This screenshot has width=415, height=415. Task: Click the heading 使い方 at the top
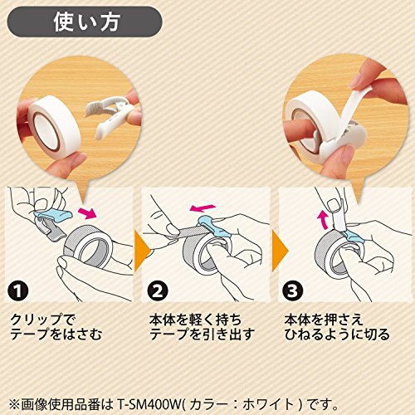[87, 22]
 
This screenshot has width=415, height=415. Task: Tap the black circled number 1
[18, 290]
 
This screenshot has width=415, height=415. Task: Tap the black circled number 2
[158, 290]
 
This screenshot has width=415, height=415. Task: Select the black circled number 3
[292, 290]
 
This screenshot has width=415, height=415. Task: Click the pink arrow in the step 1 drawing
[87, 213]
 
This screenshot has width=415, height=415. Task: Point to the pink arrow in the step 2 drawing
[203, 207]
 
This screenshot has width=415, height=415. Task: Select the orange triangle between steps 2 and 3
[281, 251]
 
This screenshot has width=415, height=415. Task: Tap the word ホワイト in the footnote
[269, 405]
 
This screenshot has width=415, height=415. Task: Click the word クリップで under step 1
[42, 320]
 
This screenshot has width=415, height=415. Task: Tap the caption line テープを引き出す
[202, 334]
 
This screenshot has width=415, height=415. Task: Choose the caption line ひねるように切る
[337, 334]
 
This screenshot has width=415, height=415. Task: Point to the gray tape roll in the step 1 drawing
[88, 247]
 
